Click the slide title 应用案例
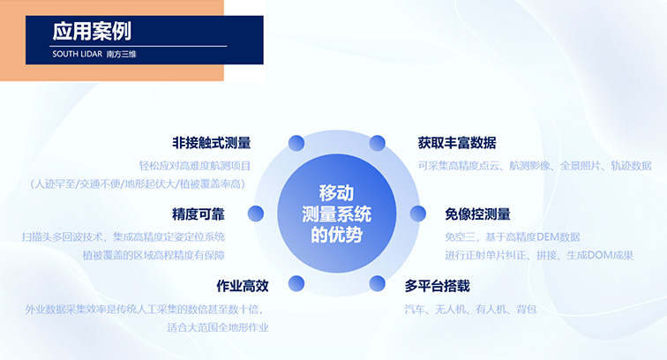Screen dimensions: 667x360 click(x=92, y=31)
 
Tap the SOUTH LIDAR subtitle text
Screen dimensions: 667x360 click(x=78, y=54)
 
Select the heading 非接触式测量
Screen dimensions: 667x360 click(x=212, y=143)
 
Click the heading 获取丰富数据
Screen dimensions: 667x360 click(x=457, y=143)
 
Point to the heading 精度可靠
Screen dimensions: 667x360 click(x=199, y=214)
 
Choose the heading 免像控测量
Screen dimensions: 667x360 click(x=477, y=214)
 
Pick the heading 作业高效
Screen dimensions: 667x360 click(x=243, y=286)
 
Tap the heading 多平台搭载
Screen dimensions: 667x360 click(x=438, y=286)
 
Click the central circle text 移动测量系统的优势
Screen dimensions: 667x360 click(x=336, y=214)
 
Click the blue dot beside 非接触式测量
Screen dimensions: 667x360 click(x=296, y=143)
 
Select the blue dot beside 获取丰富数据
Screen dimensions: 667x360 click(x=378, y=143)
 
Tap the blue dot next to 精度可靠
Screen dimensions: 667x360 click(x=256, y=214)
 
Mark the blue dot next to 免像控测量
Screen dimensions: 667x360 click(x=417, y=214)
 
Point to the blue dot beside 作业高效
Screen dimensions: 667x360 click(x=296, y=284)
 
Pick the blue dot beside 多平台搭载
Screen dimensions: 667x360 click(x=378, y=284)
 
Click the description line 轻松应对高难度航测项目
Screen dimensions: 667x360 click(x=195, y=166)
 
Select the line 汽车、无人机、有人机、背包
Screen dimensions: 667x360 click(x=470, y=310)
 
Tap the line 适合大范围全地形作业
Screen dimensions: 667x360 click(x=218, y=327)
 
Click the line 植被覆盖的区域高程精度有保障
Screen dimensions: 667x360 click(x=154, y=255)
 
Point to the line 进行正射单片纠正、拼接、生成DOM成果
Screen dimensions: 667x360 click(x=539, y=255)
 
